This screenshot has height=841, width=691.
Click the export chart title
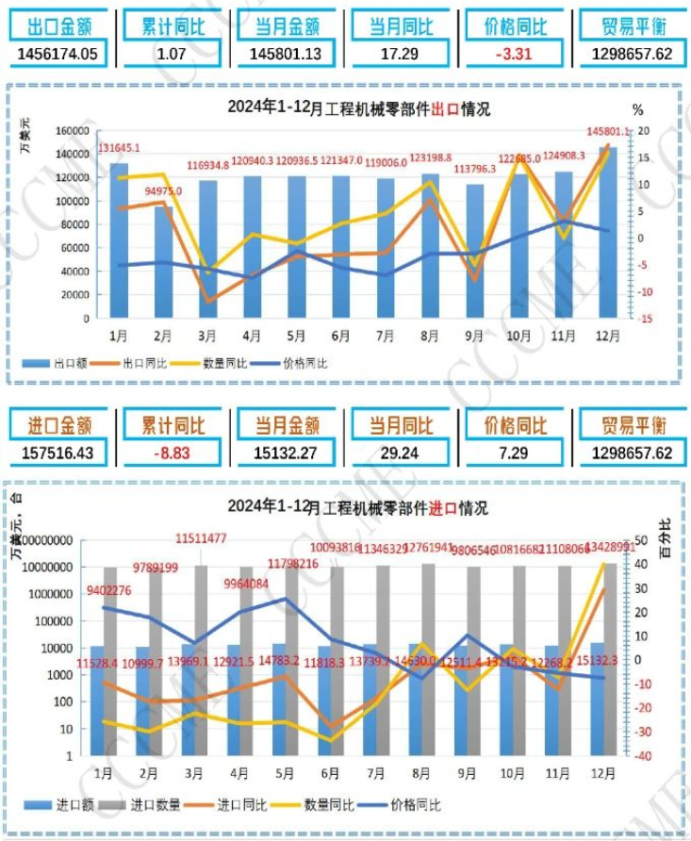tap(358, 109)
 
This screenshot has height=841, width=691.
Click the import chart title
tap(358, 509)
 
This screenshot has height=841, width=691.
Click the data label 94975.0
tap(163, 190)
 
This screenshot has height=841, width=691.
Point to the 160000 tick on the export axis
tap(73, 131)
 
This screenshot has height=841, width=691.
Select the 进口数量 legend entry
tap(143, 805)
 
